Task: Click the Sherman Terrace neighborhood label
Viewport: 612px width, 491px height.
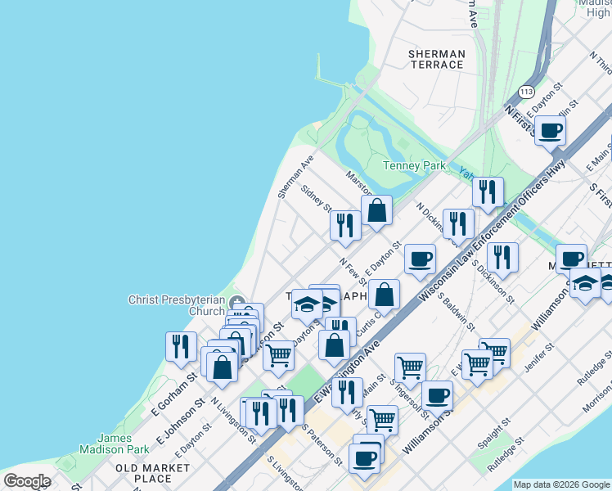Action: (x=437, y=59)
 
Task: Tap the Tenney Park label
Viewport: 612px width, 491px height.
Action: (x=415, y=165)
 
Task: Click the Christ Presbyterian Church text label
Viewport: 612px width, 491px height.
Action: (x=176, y=305)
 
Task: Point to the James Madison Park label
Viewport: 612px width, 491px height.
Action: (x=114, y=444)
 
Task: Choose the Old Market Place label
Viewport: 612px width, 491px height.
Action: (x=152, y=473)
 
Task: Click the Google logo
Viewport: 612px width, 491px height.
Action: (x=27, y=481)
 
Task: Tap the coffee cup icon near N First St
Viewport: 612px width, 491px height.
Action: (x=551, y=130)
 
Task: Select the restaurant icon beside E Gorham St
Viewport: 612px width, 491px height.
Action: (x=181, y=346)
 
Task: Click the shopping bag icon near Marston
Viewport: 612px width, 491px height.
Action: (x=376, y=211)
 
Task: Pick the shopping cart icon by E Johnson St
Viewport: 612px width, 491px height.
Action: (x=278, y=356)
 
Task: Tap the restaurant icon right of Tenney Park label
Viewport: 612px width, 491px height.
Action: (x=488, y=192)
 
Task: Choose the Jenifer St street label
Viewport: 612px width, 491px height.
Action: (x=539, y=357)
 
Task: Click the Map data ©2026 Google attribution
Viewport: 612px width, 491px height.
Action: (x=561, y=484)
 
